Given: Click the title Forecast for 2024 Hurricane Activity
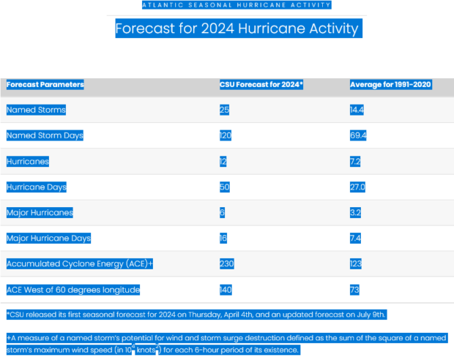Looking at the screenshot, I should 237,29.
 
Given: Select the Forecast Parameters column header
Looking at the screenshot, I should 45,84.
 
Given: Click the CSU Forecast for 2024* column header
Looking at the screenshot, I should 261,84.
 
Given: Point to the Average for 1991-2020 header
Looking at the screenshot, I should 390,84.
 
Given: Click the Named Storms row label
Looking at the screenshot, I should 36,110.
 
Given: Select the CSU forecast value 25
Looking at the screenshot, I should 224,110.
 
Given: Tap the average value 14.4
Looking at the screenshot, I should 358,110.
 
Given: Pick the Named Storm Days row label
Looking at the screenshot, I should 45,135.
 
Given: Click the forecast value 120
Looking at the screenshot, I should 226,135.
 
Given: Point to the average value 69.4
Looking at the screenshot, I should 358,135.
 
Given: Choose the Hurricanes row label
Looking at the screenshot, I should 29,161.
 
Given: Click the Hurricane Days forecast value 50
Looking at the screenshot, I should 224,187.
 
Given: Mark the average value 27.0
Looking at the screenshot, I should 358,187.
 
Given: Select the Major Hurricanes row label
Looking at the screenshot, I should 40,212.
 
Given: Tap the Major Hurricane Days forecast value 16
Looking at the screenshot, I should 223,238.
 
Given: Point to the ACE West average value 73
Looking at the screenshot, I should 354,289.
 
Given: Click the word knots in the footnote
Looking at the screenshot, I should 146,350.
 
